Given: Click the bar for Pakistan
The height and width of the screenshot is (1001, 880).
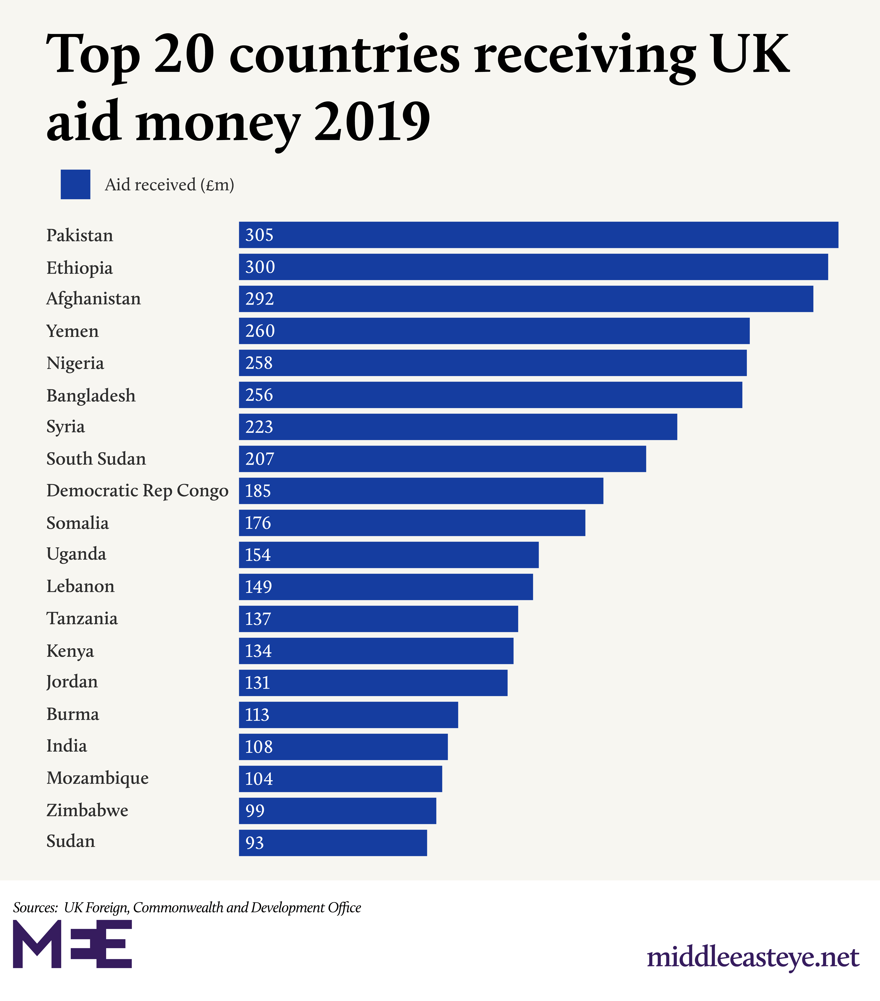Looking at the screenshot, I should coord(538,235).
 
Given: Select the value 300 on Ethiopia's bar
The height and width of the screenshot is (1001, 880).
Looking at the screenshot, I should coord(260,267).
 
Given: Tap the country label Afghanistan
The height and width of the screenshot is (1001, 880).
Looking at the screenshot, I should coord(94,299).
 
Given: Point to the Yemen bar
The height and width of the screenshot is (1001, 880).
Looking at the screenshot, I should coord(494,331).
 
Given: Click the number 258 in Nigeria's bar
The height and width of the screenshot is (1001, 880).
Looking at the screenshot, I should coord(259,363).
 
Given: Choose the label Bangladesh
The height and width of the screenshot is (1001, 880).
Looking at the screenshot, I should coord(91,395).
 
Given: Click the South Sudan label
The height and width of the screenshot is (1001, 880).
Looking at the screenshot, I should coord(96,459).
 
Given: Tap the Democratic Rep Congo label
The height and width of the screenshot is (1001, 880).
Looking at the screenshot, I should coord(138,491).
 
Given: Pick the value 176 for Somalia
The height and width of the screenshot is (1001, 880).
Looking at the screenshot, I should coord(258,523).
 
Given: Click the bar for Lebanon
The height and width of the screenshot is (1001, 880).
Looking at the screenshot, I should coord(386,587).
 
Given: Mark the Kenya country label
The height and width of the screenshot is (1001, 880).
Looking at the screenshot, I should coord(70,651).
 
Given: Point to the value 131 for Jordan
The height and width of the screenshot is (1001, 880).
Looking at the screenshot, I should coord(257,683).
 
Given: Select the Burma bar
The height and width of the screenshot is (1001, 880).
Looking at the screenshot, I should coord(348,715).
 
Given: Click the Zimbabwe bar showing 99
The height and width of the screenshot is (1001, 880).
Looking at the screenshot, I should coord(338,811).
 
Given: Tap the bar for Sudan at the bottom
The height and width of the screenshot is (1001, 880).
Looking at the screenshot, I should coord(333,843).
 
